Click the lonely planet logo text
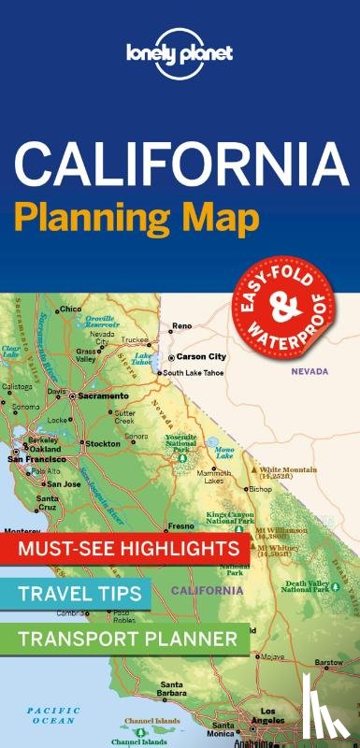pos(180,46)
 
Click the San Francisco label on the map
pos(37,459)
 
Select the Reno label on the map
pos(181,326)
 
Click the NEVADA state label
pos(309,371)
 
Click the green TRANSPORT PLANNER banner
pos(127,638)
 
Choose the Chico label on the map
pos(69,309)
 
